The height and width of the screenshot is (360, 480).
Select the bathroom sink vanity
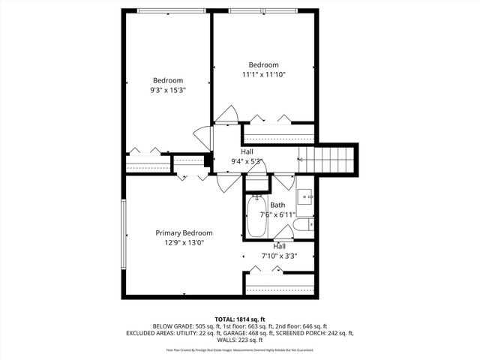(306, 196)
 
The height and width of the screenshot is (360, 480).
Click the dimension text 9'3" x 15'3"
(168, 90)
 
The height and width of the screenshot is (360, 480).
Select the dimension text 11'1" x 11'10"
(264, 74)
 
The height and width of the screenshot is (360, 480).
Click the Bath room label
(277, 205)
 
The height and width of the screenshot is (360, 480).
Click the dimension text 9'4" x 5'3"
(247, 160)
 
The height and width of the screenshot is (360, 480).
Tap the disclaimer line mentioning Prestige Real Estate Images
(239, 349)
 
